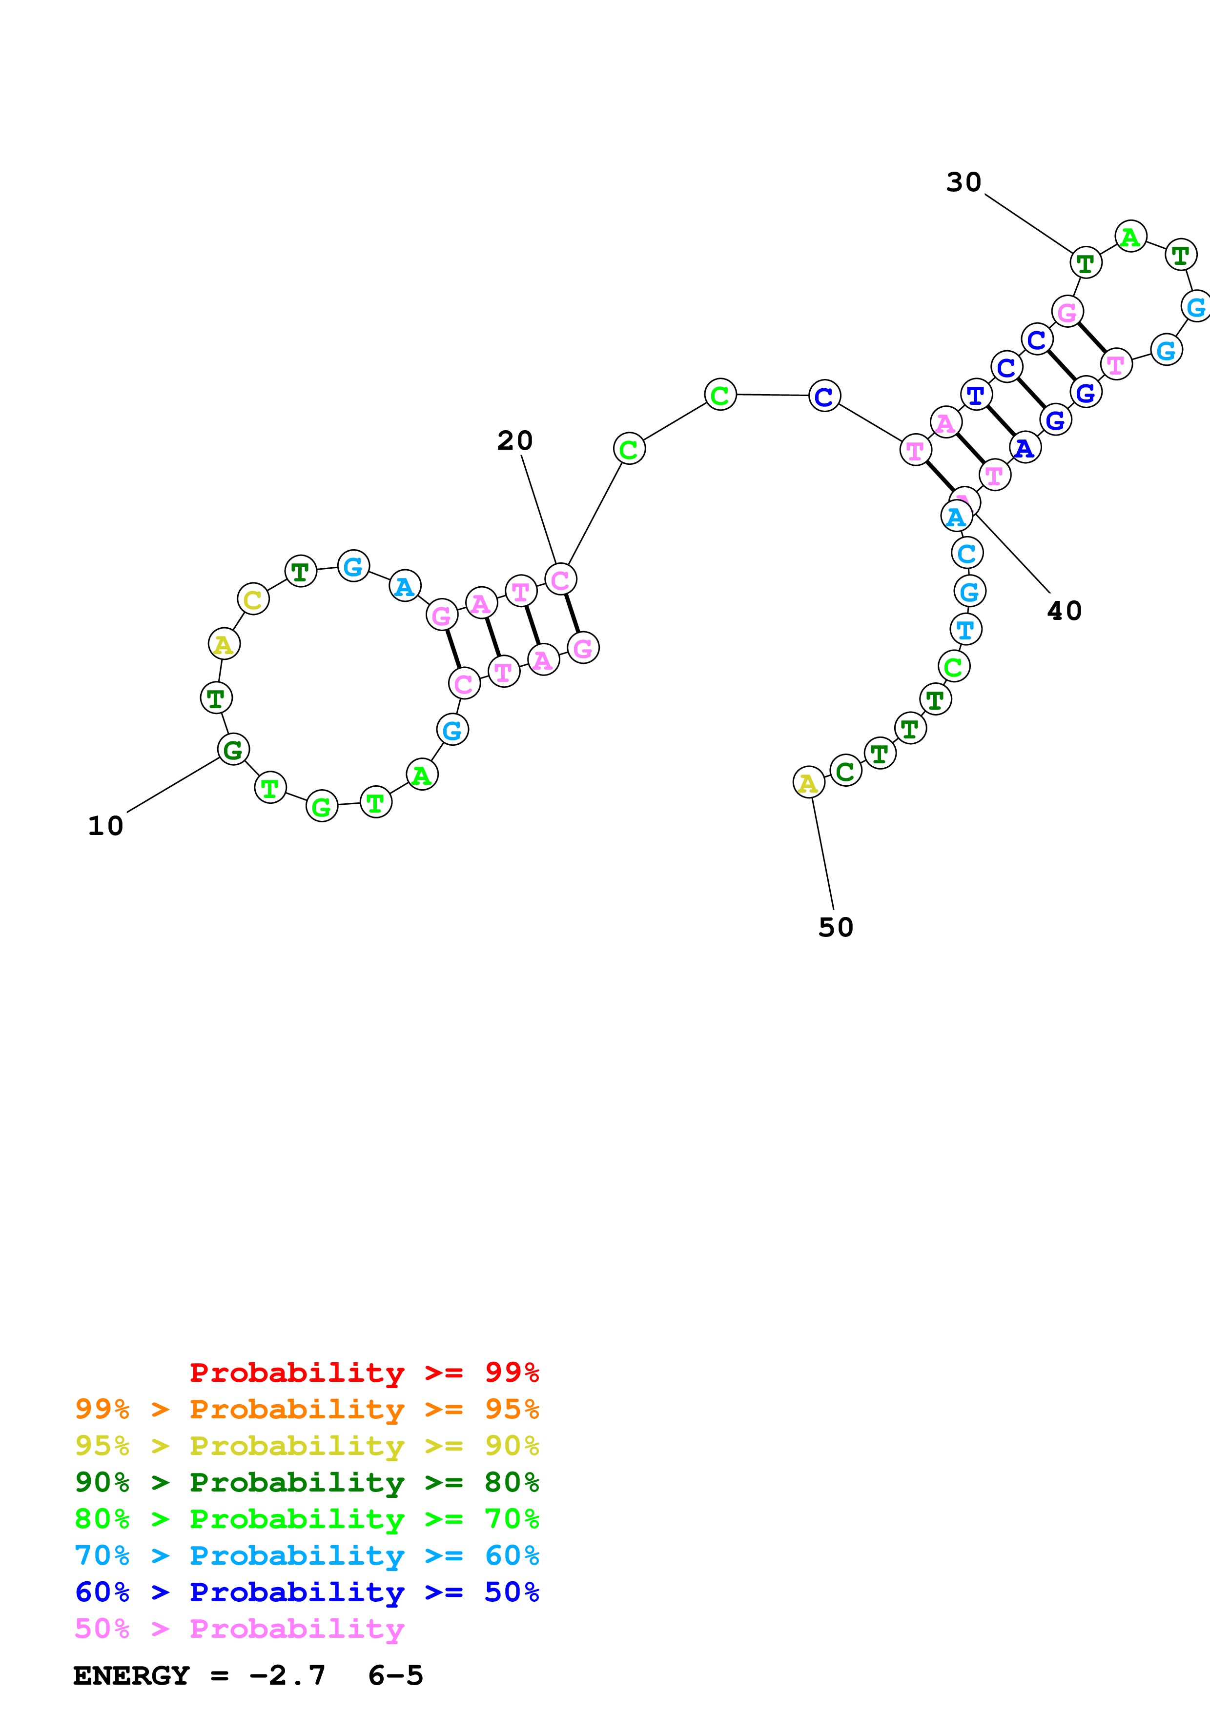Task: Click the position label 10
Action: click(105, 826)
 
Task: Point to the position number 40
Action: click(1064, 611)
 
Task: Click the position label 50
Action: click(835, 927)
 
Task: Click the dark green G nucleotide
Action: click(233, 750)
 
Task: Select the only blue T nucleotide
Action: click(976, 395)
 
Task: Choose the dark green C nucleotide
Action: click(845, 771)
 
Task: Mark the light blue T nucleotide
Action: click(965, 630)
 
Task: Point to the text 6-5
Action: click(395, 1676)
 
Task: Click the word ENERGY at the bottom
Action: click(131, 1676)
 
